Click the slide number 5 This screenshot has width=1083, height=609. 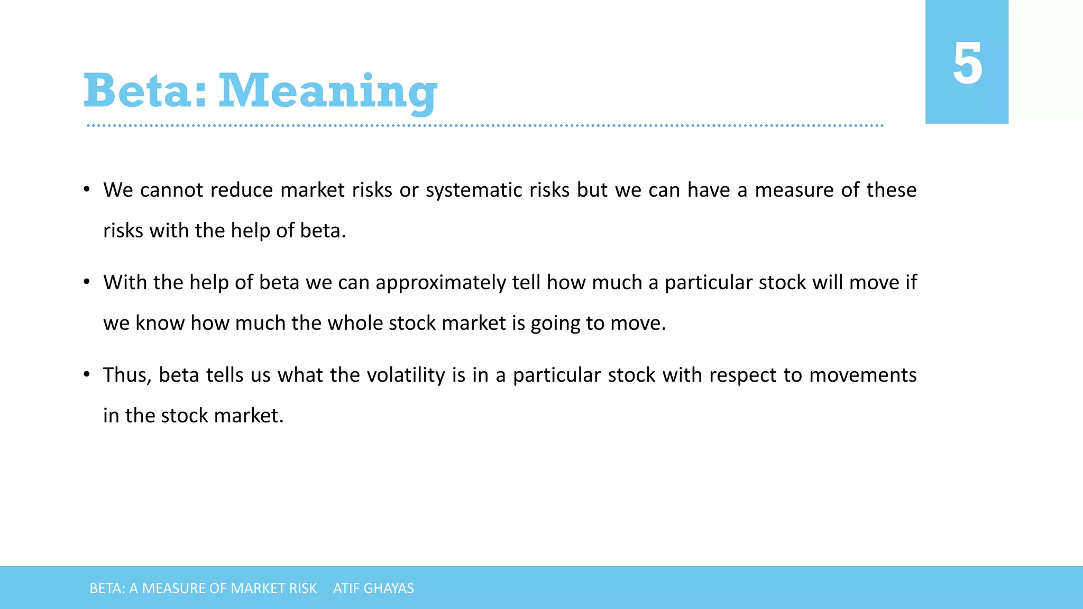point(967,64)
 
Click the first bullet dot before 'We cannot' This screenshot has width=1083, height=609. point(87,190)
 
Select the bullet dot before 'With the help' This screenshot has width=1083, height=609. point(87,282)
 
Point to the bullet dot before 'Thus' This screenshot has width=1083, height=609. point(87,375)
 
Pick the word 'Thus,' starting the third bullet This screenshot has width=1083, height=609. point(127,375)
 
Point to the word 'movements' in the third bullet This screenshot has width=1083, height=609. point(862,375)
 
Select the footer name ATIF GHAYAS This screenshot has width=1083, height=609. point(373,588)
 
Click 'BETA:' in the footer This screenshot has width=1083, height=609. point(107,588)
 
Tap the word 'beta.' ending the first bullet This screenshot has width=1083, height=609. point(323,231)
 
